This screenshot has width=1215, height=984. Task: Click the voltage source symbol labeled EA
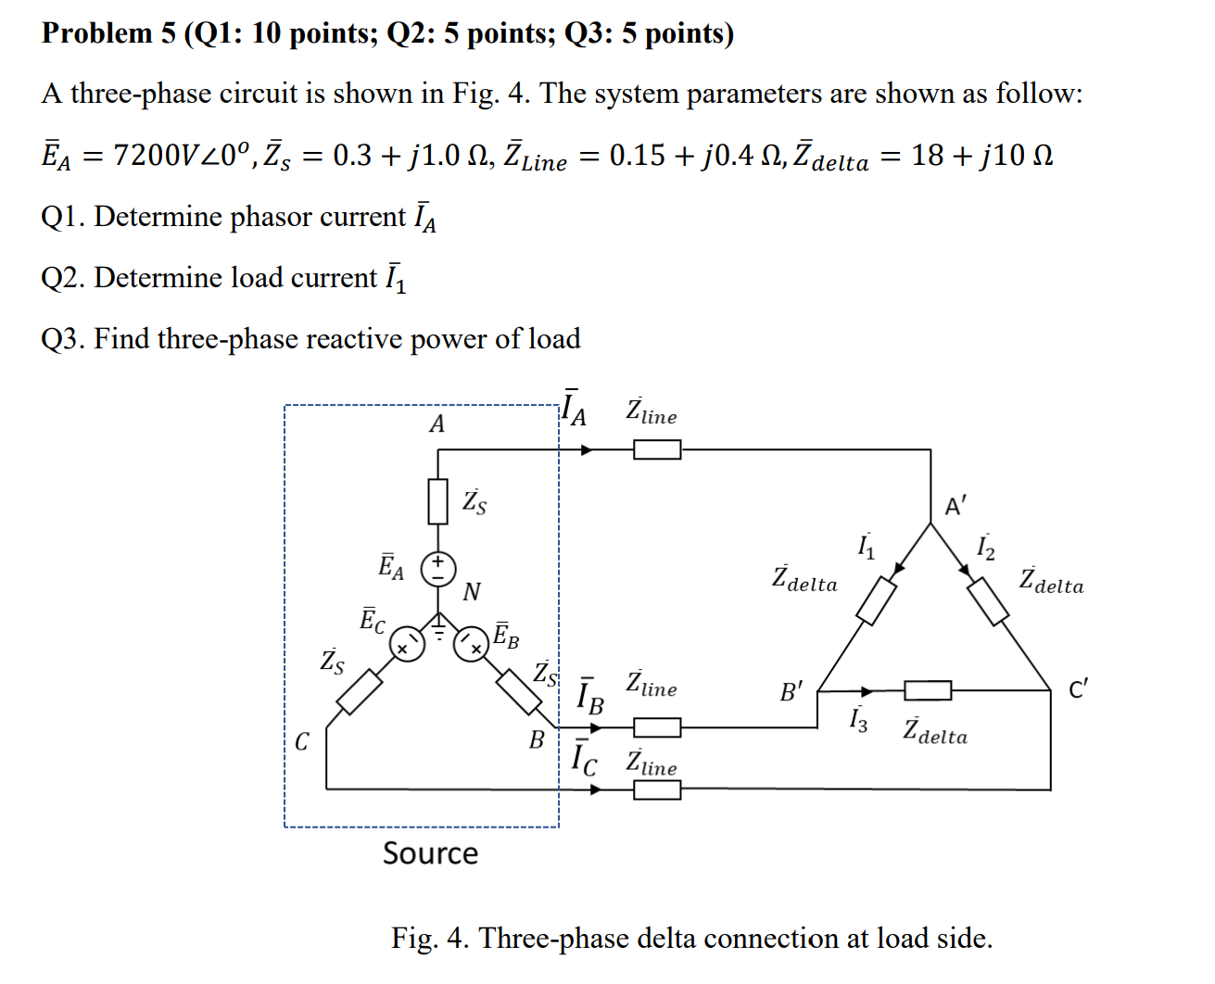pyautogui.click(x=438, y=568)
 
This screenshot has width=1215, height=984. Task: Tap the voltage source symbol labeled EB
pyautogui.click(x=472, y=644)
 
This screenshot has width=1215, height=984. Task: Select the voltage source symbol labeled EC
pyautogui.click(x=406, y=644)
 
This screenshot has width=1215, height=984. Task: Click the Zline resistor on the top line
pyautogui.click(x=657, y=449)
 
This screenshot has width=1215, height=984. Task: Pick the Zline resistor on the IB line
pyautogui.click(x=657, y=727)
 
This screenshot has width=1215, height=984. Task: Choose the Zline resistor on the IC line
pyautogui.click(x=657, y=789)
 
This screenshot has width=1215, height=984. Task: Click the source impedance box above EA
pyautogui.click(x=438, y=501)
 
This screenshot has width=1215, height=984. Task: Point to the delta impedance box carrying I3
pyautogui.click(x=928, y=690)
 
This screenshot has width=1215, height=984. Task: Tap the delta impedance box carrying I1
pyautogui.click(x=876, y=600)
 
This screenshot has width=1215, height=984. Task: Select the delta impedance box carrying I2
pyautogui.click(x=988, y=600)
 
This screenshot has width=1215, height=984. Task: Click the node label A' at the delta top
pyautogui.click(x=956, y=506)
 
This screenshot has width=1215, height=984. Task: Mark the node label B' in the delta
pyautogui.click(x=791, y=692)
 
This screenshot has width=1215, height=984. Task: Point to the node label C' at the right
pyautogui.click(x=1078, y=690)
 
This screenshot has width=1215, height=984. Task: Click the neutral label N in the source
pyautogui.click(x=472, y=591)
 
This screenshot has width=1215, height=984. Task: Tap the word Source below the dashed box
pyautogui.click(x=431, y=853)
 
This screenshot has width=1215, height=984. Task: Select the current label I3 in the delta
pyautogui.click(x=859, y=720)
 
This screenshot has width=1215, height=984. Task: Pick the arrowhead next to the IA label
pyautogui.click(x=587, y=449)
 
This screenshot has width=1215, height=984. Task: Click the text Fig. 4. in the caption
pyautogui.click(x=430, y=938)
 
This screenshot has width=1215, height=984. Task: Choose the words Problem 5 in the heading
pyautogui.click(x=108, y=33)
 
